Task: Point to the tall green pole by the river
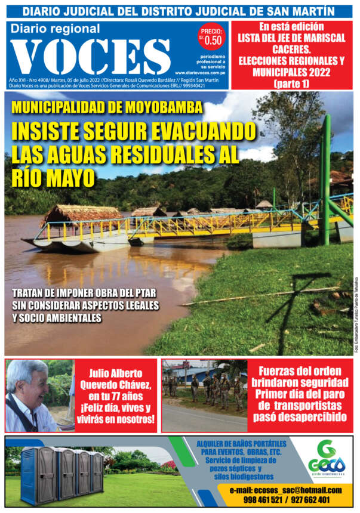[x=326, y=179]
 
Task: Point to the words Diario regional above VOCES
[x=56, y=29]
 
